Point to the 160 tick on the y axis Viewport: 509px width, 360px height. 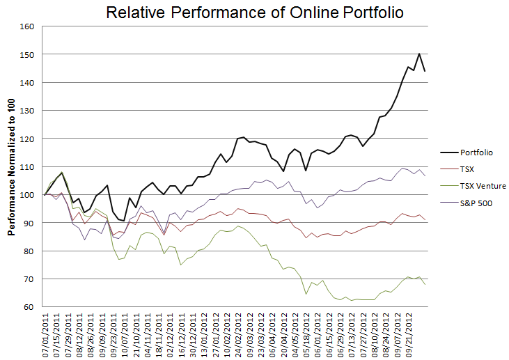tap(28, 26)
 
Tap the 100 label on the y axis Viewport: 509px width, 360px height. tap(28, 195)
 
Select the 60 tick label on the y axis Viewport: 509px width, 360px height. tap(30, 307)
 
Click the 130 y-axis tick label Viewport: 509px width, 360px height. tap(28, 111)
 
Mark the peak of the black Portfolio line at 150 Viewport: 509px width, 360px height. tap(419, 54)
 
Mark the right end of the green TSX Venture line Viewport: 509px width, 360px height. tap(425, 284)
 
